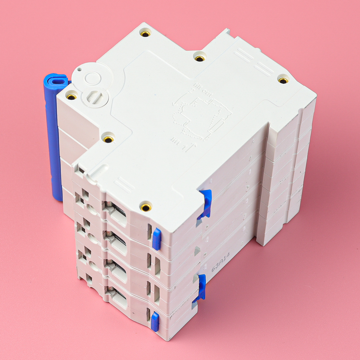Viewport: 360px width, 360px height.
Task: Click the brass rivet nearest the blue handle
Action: click(x=71, y=96)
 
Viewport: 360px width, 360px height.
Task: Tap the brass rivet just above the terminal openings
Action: click(x=146, y=207)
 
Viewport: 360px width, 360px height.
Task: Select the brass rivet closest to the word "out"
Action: click(x=199, y=58)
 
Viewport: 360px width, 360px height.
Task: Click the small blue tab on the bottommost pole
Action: click(x=155, y=321)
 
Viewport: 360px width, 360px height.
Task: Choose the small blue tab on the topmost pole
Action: click(x=157, y=238)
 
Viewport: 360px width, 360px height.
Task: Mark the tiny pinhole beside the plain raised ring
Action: click(x=79, y=68)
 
